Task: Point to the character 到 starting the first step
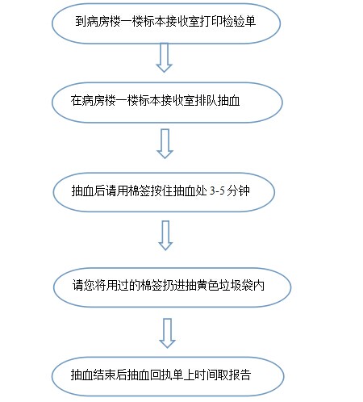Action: pos(81,21)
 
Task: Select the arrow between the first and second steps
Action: pos(164,57)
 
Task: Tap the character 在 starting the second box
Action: pos(76,101)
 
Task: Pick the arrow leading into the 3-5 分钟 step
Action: pos(165,144)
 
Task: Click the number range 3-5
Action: pos(217,191)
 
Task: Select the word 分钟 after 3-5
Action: pos(238,191)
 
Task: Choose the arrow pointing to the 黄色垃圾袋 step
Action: pos(165,236)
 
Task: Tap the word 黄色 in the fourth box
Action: pos(208,286)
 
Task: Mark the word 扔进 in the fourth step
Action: pos(173,286)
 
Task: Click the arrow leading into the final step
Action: pos(167,333)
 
